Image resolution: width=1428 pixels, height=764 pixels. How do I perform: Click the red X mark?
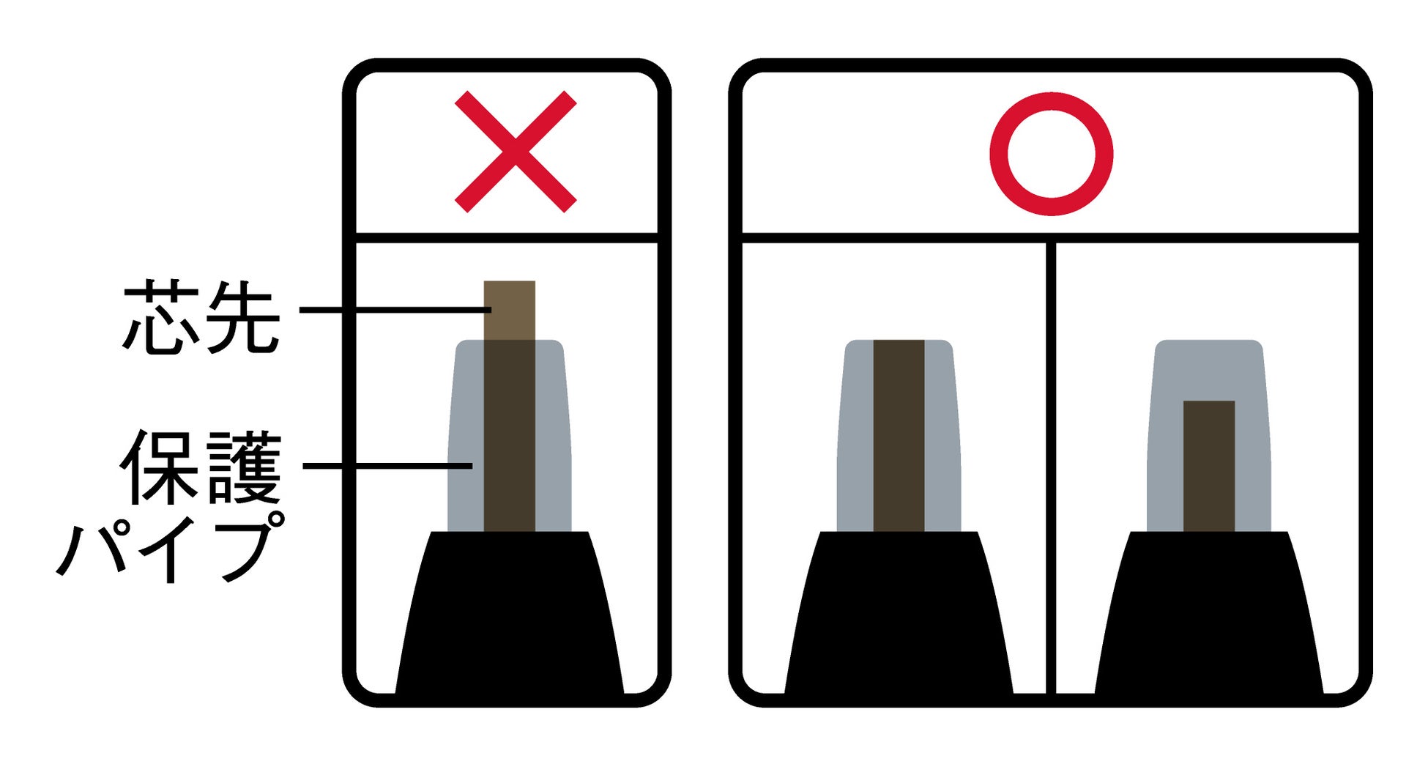(516, 152)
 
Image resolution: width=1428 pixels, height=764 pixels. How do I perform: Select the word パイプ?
(170, 547)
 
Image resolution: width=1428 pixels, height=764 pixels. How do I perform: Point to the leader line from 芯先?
(395, 310)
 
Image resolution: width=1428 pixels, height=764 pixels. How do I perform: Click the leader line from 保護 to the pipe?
(387, 465)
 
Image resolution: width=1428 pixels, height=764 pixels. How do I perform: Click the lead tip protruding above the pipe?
(510, 310)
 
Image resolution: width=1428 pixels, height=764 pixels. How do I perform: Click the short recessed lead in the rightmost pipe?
(1209, 466)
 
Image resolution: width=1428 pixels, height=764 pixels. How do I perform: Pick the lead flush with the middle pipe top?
(899, 435)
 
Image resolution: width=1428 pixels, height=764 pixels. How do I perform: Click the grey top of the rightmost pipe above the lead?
(1209, 370)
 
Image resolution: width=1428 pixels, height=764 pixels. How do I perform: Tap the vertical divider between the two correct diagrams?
(1052, 467)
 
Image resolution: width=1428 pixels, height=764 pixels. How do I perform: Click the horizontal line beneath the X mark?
(507, 237)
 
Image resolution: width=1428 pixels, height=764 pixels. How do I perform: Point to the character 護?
(244, 467)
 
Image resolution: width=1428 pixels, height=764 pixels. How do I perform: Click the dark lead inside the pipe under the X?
(510, 435)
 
